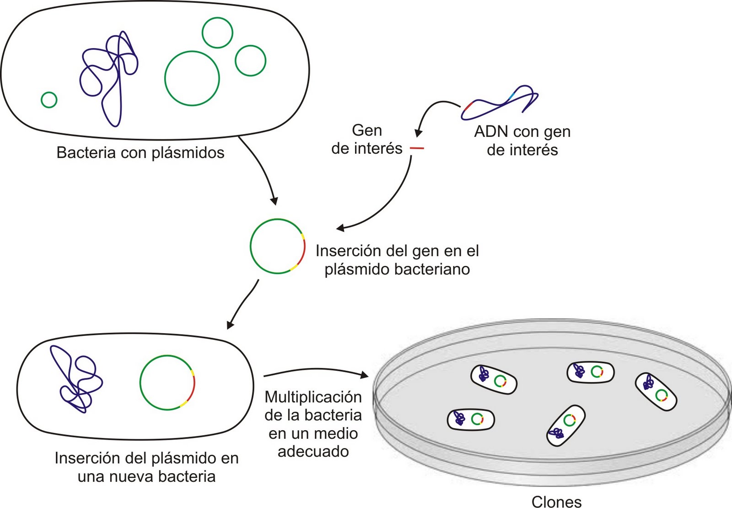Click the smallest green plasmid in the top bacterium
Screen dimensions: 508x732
click(x=49, y=99)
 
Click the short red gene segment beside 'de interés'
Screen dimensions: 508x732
click(x=417, y=148)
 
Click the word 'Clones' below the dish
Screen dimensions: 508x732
click(x=556, y=502)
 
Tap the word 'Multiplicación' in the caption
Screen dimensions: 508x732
click(x=313, y=397)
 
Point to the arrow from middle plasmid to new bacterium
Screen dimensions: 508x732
click(x=242, y=304)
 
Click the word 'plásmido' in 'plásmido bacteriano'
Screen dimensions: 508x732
click(x=357, y=269)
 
